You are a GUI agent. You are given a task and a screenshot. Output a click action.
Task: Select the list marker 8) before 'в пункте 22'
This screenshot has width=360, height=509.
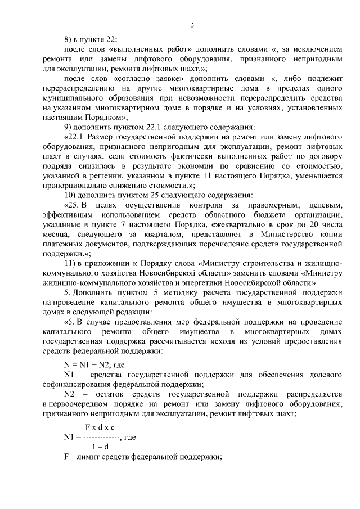click(68, 40)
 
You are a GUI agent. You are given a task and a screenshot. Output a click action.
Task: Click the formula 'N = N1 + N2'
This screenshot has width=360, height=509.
click(88, 364)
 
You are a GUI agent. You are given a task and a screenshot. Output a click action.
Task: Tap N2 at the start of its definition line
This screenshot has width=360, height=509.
click(70, 393)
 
